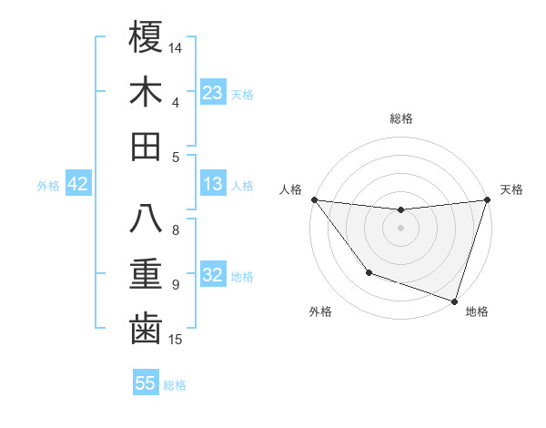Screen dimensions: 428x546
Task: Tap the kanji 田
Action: point(146,146)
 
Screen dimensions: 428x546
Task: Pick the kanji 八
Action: point(146,219)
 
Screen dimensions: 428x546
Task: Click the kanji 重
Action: point(146,274)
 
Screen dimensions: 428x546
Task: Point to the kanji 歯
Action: point(146,329)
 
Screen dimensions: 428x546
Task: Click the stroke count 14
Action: point(177,46)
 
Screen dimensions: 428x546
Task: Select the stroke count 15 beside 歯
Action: point(177,340)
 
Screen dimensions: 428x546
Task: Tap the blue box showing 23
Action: point(213,92)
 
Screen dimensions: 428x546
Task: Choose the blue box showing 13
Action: point(213,184)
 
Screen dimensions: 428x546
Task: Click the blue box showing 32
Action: point(213,275)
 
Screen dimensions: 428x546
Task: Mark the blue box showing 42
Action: point(78,184)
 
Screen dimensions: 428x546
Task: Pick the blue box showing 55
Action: point(146,383)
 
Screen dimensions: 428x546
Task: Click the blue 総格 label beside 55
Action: point(175,385)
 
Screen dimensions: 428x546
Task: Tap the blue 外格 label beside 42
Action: point(48,186)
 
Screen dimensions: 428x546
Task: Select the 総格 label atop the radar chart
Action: point(401,118)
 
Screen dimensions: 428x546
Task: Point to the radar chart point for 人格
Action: point(314,199)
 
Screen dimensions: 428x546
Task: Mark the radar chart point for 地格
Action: point(454,301)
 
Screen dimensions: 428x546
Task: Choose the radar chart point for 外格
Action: point(369,272)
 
